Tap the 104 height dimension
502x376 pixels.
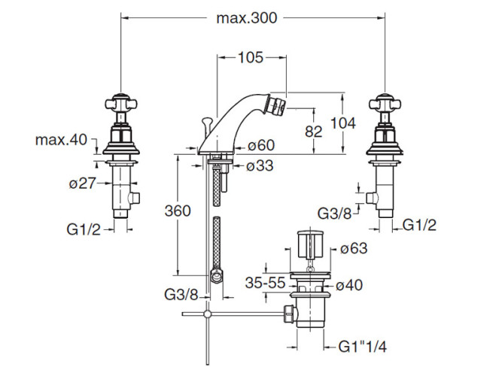tap(342, 123)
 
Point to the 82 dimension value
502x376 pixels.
tap(314, 131)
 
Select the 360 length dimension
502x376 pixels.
tap(178, 212)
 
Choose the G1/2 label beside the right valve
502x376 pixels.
tap(419, 223)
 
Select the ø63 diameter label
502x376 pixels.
tap(353, 249)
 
